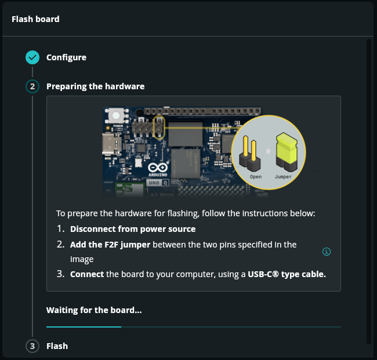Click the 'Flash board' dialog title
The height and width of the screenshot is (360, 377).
35,19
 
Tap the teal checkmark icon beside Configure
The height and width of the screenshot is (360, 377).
32,57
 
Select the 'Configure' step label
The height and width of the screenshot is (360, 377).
66,57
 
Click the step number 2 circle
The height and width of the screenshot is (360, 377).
32,86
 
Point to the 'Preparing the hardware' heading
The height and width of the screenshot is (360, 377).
96,86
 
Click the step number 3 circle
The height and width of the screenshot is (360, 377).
32,346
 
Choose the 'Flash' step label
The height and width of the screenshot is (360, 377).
57,346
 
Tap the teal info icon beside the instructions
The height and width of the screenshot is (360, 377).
327,252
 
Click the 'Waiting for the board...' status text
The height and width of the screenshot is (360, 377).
94,310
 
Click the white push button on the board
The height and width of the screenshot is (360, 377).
116,115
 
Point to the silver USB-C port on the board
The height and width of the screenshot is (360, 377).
111,144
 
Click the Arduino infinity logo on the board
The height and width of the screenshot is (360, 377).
158,168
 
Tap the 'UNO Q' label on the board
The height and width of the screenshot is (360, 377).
158,183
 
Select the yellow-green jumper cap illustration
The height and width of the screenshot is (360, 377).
287,152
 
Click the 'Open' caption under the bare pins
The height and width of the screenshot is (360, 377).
256,177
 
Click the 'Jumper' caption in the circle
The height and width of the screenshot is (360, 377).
283,177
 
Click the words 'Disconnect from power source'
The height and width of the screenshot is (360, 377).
133,229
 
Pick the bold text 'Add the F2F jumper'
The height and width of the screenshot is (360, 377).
110,245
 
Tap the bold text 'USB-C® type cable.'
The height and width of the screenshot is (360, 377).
287,274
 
